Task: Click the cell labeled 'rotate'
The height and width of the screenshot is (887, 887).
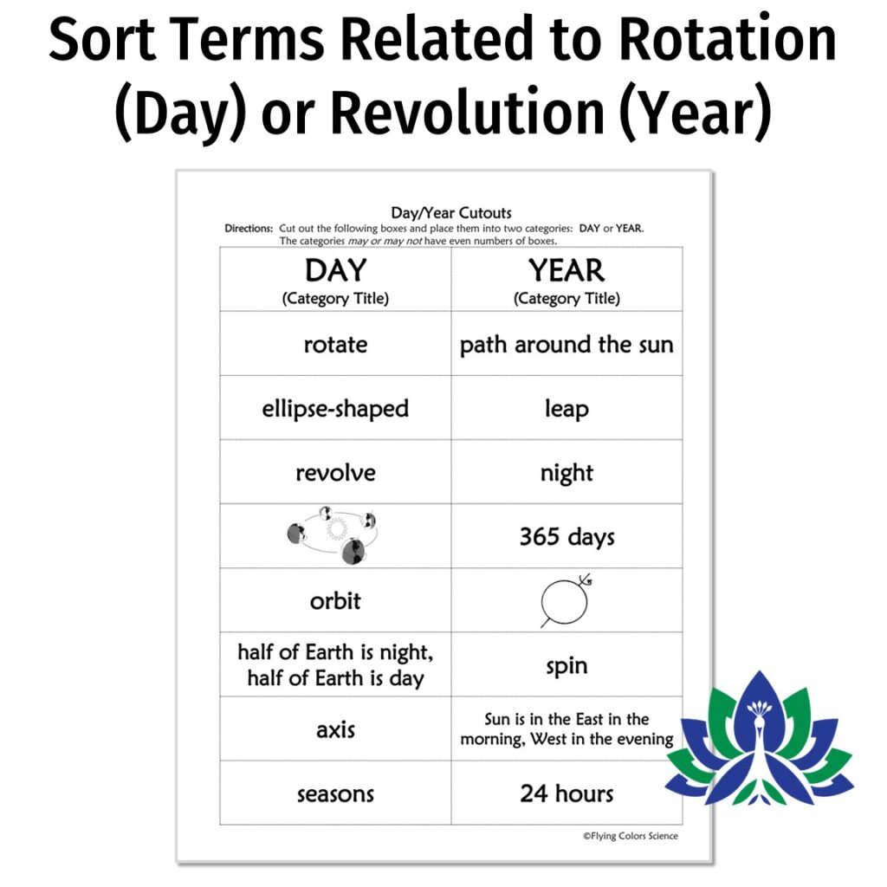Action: click(335, 345)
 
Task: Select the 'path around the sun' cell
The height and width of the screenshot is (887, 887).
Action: click(567, 345)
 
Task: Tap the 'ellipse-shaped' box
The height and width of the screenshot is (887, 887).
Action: click(335, 409)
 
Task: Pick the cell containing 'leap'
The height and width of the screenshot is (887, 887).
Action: click(567, 409)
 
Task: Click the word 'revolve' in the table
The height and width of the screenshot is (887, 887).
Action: click(335, 473)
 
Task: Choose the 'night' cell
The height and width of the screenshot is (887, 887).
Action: click(567, 473)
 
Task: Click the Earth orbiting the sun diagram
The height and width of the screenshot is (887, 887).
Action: click(333, 535)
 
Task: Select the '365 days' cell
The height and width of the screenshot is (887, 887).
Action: click(567, 537)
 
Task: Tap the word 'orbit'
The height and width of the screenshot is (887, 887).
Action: click(335, 601)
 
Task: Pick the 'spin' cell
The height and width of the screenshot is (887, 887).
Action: click(567, 665)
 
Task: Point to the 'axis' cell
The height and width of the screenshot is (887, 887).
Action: click(335, 729)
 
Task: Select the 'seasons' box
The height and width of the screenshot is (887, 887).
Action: click(335, 793)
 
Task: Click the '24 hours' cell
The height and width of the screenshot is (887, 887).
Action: click(567, 793)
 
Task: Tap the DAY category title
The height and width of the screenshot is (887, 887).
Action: click(335, 271)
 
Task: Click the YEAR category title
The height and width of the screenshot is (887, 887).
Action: click(567, 271)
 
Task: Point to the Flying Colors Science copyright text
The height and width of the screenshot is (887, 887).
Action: click(630, 836)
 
